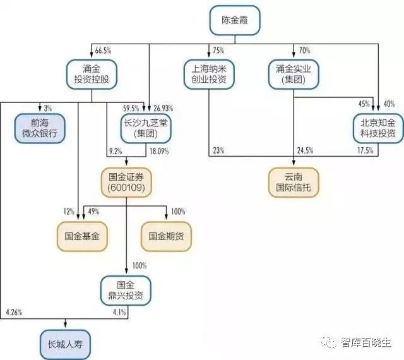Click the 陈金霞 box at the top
pos(235,20)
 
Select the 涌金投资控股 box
pos(92,75)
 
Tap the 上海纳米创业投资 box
pos(209,75)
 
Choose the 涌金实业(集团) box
pos(294,75)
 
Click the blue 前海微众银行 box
pos(40,128)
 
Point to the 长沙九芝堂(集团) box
pos(146,128)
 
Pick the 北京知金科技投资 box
pos(378,128)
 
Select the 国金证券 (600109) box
pos(126,183)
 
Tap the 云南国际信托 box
pos(294,183)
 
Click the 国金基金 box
pos(82,236)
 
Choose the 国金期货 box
pos(166,236)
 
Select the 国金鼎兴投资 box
pos(126,291)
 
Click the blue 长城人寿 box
pos(65,345)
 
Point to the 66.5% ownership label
pos(103,51)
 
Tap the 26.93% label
pos(163,108)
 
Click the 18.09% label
pos(159,151)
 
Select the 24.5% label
pos(306,150)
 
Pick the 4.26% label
pos(14,312)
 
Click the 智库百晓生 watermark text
pos(366,343)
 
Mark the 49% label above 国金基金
pos(93,212)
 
